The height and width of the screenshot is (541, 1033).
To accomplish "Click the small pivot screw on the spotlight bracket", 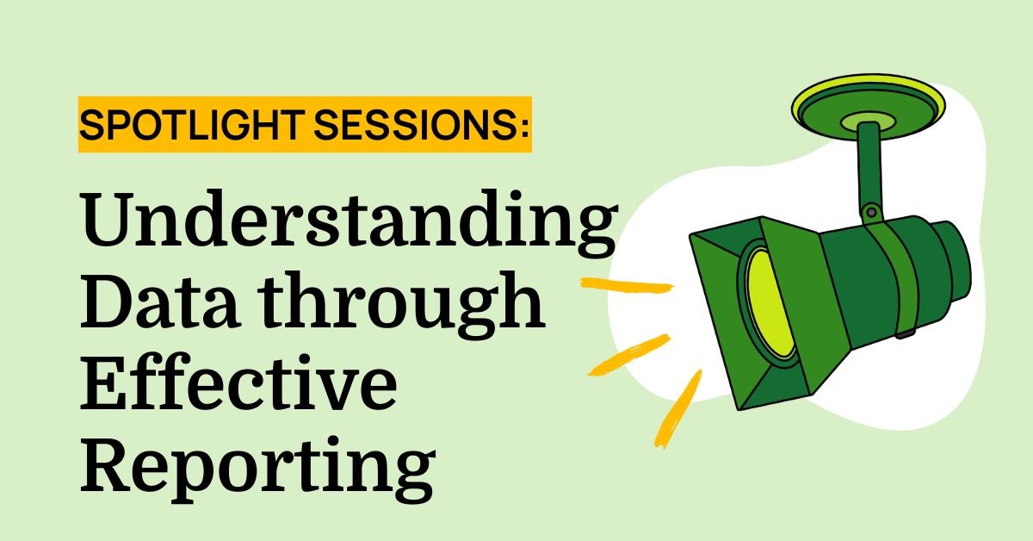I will pos(873,210).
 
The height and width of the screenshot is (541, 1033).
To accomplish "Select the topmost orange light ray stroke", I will pos(626,284).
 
